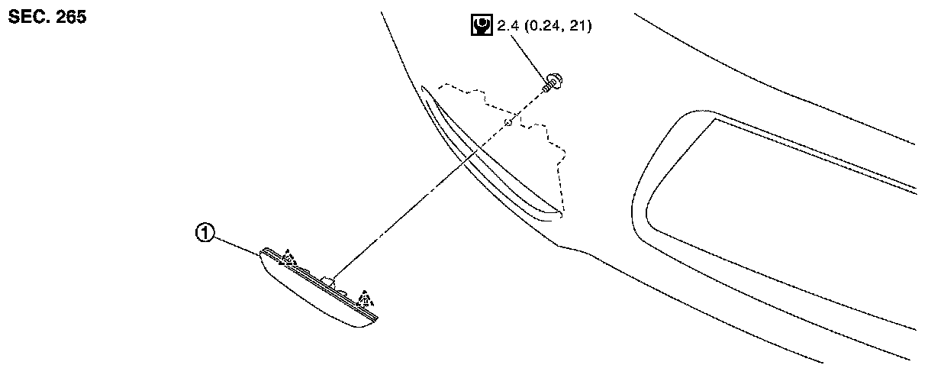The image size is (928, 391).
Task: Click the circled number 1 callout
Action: click(x=204, y=234)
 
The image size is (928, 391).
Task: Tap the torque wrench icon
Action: click(x=480, y=27)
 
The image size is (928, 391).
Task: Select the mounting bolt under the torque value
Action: click(x=551, y=82)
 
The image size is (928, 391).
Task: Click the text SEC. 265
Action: click(x=47, y=18)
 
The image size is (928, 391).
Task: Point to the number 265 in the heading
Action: click(x=70, y=18)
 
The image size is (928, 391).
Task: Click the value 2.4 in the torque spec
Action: click(x=507, y=27)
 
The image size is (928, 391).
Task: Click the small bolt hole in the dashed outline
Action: click(x=507, y=121)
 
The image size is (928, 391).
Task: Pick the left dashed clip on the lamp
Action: click(x=288, y=258)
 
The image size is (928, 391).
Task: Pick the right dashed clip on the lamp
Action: click(x=367, y=299)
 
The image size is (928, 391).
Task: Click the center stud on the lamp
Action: click(x=329, y=280)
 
